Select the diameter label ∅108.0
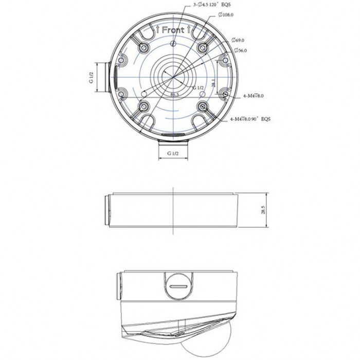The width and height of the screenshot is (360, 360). [x=227, y=15]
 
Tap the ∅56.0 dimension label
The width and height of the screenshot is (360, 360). [x=240, y=50]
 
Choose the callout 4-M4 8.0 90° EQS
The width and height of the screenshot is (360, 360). [x=250, y=119]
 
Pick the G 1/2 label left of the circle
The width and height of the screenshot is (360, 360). [x=91, y=77]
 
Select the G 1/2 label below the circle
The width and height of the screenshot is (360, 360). [x=173, y=154]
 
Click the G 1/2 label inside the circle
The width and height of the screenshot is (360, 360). [x=198, y=88]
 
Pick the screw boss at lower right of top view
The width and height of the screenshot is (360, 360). [x=203, y=106]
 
